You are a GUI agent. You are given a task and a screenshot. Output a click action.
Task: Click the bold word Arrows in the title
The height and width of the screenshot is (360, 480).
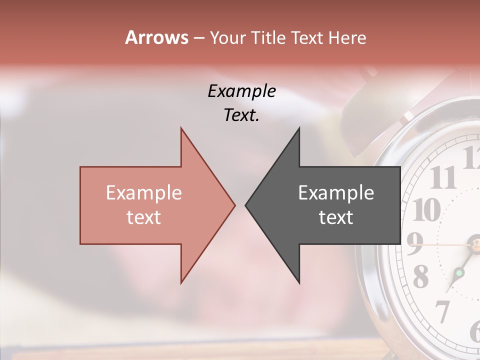click(156, 37)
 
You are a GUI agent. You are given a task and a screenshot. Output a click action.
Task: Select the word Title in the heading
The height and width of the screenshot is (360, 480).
click(267, 37)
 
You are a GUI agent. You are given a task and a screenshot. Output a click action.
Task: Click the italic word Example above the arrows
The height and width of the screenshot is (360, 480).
click(242, 91)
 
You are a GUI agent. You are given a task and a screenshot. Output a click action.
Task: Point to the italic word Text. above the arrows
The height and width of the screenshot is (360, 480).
click(242, 115)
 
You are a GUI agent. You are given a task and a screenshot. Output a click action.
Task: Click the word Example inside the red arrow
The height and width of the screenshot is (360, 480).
click(144, 193)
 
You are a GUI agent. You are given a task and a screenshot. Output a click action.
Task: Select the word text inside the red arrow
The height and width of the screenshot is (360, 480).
click(144, 217)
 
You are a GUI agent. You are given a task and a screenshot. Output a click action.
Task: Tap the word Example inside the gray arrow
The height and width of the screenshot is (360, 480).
click(336, 193)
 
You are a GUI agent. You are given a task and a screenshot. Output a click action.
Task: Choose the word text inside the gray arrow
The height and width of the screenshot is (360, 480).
click(336, 217)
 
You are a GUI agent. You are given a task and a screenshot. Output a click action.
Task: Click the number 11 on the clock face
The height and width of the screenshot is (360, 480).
click(442, 177)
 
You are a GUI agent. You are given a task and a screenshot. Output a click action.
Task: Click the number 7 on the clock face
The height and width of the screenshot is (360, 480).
click(442, 311)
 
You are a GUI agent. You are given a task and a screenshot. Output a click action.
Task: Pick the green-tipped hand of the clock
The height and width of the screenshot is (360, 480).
click(459, 273)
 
